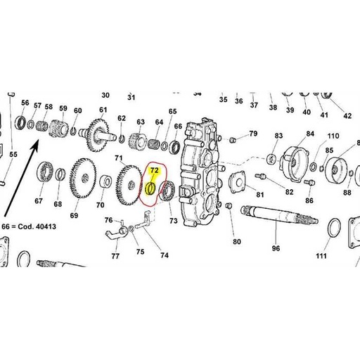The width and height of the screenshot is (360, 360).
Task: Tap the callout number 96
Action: click(276, 247)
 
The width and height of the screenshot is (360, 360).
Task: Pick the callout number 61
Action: click(103, 109)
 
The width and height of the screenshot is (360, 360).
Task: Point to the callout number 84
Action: click(309, 134)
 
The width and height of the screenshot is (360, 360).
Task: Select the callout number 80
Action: click(237, 242)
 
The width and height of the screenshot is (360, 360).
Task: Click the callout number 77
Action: click(115, 257)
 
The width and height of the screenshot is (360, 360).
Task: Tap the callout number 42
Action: click(347, 116)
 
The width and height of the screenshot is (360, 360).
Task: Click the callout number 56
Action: click(25, 103)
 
